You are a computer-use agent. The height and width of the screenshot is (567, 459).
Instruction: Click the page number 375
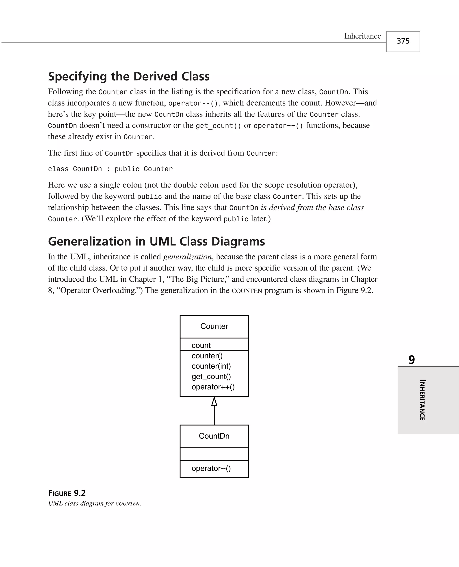(x=403, y=41)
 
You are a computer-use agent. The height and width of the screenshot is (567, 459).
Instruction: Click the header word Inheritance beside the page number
(x=362, y=36)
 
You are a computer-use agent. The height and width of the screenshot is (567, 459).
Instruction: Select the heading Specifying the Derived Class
(x=129, y=76)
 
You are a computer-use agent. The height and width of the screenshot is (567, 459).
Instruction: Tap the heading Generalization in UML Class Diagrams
(x=156, y=241)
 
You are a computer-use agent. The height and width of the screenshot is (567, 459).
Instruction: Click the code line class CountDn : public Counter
(x=110, y=169)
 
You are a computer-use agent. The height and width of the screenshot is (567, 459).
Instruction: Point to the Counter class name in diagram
(x=214, y=326)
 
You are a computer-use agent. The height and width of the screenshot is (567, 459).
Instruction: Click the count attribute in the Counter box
(x=201, y=345)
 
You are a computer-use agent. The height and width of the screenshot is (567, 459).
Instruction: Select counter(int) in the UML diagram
(x=211, y=366)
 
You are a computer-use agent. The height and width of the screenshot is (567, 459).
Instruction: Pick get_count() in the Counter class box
(x=211, y=377)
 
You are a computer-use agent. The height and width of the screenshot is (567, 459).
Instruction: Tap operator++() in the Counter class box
(x=213, y=387)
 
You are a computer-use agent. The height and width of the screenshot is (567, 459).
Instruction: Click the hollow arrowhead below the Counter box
(x=214, y=402)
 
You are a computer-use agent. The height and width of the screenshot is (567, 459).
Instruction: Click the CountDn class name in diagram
(x=214, y=436)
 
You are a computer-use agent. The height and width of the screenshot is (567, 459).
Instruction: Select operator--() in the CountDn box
(x=211, y=468)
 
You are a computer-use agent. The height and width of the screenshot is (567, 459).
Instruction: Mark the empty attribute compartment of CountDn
(x=214, y=454)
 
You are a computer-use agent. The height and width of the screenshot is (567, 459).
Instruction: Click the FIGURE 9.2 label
(x=67, y=493)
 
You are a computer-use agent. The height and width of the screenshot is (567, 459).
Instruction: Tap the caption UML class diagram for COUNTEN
(x=94, y=503)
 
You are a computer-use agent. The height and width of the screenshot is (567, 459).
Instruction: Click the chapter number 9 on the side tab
(x=412, y=360)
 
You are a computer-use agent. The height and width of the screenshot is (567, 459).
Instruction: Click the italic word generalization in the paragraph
(x=187, y=257)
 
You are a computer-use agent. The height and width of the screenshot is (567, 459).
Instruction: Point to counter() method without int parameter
(x=207, y=356)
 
